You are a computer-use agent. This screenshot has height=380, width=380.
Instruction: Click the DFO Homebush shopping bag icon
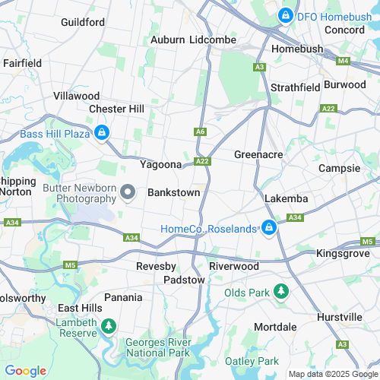(286, 14)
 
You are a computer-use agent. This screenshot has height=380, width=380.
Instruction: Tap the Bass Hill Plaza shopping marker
(101, 135)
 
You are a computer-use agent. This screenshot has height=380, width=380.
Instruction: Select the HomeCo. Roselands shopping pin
(268, 227)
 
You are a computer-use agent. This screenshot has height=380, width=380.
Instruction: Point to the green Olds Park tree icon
(281, 292)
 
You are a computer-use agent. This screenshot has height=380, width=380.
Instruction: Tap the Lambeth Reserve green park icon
(109, 325)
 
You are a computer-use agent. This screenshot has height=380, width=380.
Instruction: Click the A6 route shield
(201, 131)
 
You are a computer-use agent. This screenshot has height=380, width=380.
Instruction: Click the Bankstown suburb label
(173, 192)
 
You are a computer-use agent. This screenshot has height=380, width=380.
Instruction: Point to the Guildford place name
(83, 22)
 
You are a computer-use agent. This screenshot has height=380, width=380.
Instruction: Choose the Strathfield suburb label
(295, 87)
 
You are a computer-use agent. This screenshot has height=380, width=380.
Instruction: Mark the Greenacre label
(258, 154)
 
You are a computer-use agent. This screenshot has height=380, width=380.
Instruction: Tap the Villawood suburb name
(76, 96)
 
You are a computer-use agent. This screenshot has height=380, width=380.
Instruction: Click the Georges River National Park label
(157, 348)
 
